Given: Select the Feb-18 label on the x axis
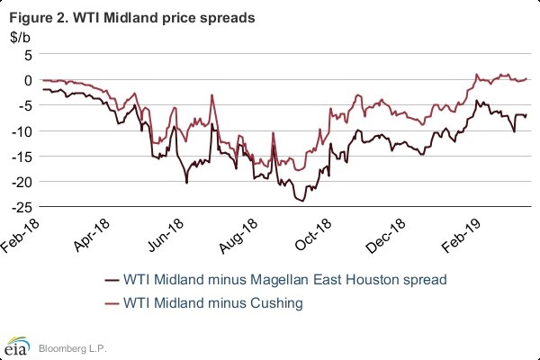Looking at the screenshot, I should tap(24, 232).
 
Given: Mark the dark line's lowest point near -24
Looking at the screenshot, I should tap(302, 200).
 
